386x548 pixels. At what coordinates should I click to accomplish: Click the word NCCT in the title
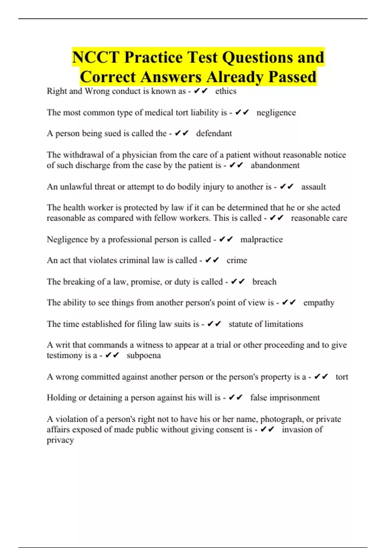point(96,57)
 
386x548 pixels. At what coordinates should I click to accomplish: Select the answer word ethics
point(226,91)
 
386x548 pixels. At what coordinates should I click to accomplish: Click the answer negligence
point(276,113)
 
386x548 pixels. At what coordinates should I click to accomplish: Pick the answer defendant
point(214,133)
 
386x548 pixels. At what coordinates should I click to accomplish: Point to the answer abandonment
point(275,165)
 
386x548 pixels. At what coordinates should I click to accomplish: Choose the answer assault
point(313,187)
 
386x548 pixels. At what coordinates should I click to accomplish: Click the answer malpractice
point(262,240)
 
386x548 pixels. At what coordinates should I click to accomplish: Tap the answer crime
point(237,260)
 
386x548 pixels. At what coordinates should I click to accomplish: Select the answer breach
point(264,282)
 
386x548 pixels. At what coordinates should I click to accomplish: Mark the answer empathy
point(319,303)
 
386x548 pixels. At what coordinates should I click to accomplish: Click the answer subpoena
point(143,356)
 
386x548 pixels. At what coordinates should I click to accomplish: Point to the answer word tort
point(342,377)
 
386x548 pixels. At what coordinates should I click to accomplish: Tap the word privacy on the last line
point(60,440)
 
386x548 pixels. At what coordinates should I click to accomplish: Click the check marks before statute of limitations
point(214,324)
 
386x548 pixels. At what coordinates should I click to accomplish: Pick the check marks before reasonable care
point(277,218)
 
